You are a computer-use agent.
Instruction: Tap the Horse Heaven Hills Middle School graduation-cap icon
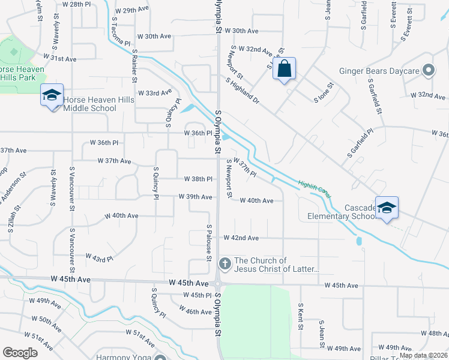52,95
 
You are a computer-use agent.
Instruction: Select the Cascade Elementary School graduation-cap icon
387,208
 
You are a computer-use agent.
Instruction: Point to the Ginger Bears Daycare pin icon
428,71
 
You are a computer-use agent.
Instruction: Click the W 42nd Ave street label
241,238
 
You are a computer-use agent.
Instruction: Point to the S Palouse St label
209,242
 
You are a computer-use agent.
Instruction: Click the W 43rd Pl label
99,258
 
